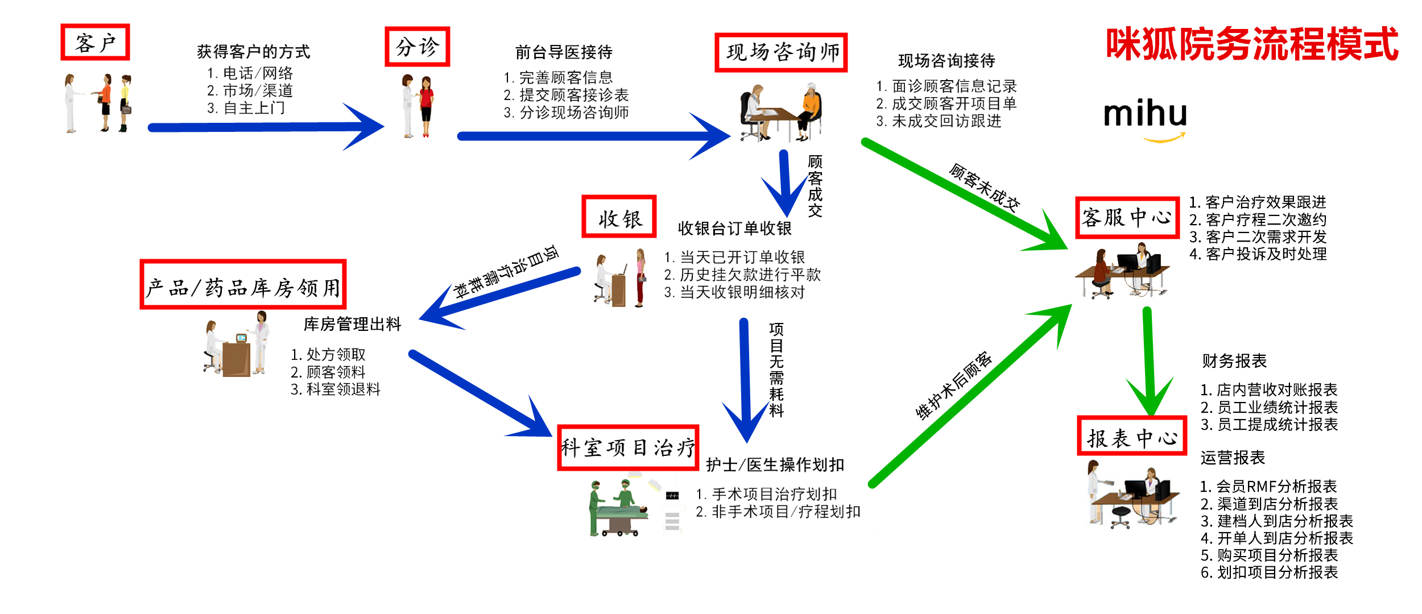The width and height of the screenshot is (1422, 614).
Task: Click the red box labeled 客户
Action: tap(95, 42)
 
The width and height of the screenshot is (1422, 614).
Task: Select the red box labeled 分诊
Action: tap(417, 47)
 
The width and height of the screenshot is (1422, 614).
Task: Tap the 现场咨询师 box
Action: tap(781, 52)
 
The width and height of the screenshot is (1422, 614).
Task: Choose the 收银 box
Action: tap(619, 217)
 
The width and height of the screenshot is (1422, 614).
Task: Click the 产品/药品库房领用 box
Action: tap(243, 285)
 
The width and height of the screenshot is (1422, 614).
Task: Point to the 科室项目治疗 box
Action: tap(628, 447)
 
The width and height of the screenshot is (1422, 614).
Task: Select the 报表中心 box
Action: tap(1132, 436)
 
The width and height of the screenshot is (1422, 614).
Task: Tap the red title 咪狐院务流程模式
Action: tap(1251, 44)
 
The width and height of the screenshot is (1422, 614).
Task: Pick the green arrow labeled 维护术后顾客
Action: tap(967, 398)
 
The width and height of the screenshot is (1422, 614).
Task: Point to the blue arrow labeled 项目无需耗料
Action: tap(745, 375)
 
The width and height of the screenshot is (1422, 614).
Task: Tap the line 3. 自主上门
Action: tap(246, 108)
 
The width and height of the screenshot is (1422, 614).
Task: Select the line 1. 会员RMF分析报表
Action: tap(1268, 487)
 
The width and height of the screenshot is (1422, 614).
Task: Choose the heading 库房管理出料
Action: tap(352, 324)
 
